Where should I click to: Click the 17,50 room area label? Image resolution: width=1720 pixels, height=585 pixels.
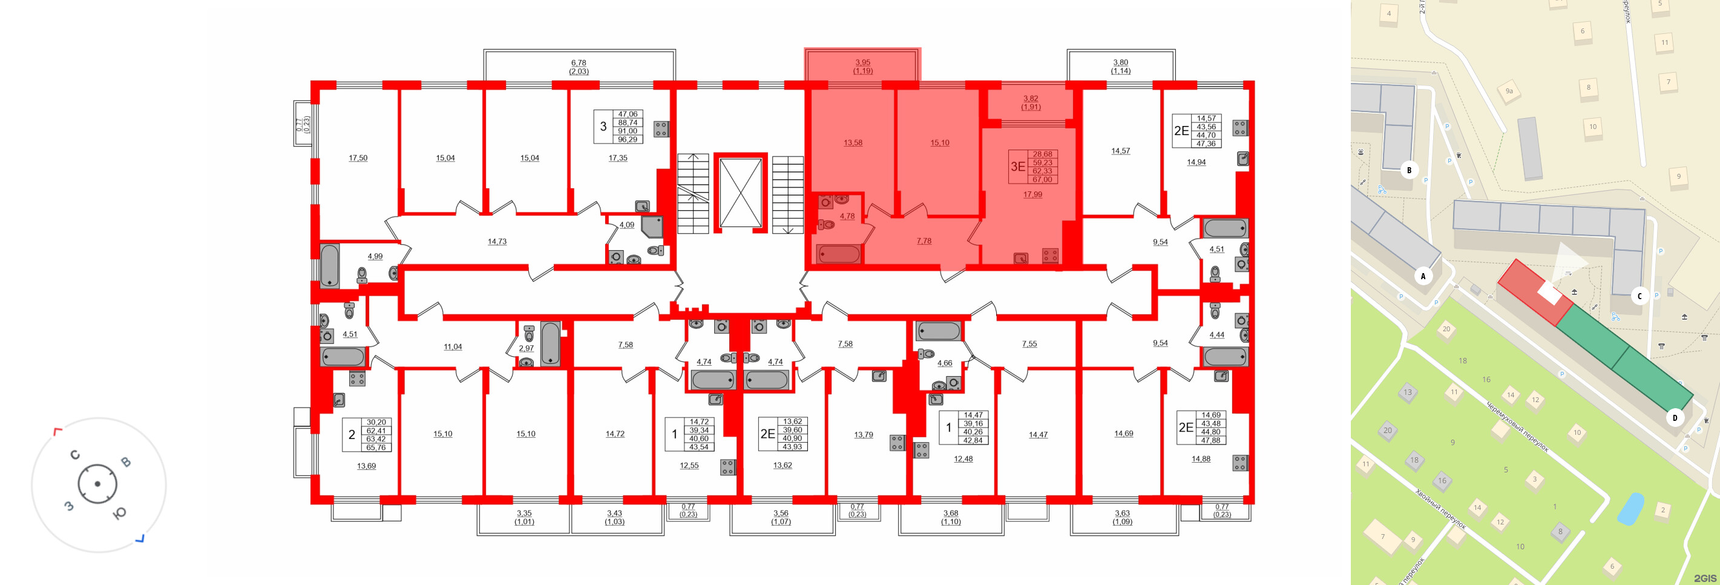point(358,158)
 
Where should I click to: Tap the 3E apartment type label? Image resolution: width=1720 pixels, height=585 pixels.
point(1017,167)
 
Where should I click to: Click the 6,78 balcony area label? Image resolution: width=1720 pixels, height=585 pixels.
point(578,63)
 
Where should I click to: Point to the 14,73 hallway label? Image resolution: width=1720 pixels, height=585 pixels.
point(497,242)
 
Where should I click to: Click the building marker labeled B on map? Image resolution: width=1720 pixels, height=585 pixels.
point(1409,170)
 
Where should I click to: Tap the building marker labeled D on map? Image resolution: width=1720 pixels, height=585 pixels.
point(1675,418)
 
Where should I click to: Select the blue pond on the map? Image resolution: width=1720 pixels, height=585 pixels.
point(1630,509)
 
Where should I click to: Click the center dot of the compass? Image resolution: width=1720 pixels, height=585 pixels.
point(97,484)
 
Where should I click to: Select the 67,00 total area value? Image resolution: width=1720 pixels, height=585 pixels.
point(1042,180)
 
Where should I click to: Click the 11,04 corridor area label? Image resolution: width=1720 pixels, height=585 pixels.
point(453,346)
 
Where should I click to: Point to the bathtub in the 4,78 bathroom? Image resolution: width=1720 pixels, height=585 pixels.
point(839,254)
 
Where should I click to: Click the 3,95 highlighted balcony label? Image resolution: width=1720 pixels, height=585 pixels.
point(862,63)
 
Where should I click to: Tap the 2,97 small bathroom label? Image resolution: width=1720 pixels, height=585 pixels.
point(526,348)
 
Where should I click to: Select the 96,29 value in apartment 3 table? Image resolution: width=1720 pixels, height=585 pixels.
point(627,139)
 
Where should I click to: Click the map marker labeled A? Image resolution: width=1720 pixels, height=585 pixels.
point(1423,276)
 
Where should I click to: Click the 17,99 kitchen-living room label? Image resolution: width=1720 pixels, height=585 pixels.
point(1032,194)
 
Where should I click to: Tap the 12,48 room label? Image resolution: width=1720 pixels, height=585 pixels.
point(963,459)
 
